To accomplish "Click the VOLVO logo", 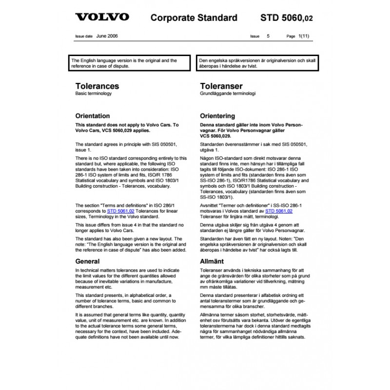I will (x=102, y=17).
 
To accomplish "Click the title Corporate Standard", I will (x=195, y=18).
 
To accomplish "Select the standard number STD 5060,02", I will (x=287, y=18).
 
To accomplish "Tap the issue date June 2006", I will (x=107, y=36).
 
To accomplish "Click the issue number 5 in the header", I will (x=268, y=37).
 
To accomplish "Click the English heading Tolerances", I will (x=97, y=86).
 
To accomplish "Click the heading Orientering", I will (x=218, y=117).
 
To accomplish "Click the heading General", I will (x=88, y=261).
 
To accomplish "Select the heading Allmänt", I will (x=212, y=261).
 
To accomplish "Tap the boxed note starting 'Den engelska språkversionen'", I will (x=257, y=63).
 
